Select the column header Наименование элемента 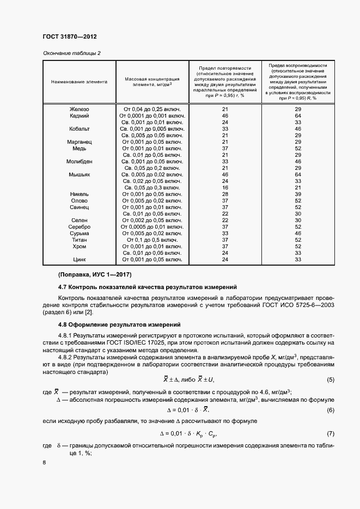point(79,82)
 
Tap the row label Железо point(79,109)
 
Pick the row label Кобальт point(79,129)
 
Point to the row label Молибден point(79,162)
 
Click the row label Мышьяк point(79,175)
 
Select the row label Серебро point(79,226)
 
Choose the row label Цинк point(79,259)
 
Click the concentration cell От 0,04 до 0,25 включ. point(152,109)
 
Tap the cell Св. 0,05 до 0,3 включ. point(152,187)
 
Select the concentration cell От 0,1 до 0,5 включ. point(152,240)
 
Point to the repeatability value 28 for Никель point(225,194)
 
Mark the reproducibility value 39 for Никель point(298,194)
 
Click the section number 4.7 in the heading point(63,287)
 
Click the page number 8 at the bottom point(44,463)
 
